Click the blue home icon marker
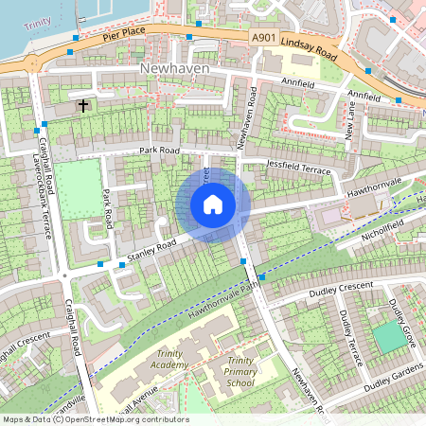[x=213, y=204]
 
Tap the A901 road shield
[x=266, y=36]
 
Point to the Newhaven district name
[x=171, y=70]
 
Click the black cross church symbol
[x=84, y=105]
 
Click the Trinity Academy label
[x=169, y=360]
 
